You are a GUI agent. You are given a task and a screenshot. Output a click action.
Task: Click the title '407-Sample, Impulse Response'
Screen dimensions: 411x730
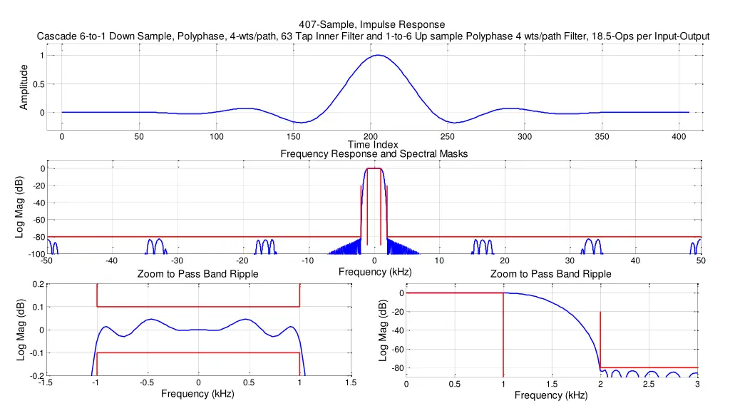click(x=373, y=25)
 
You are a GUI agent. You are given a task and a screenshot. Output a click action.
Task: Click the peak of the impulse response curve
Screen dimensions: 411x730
click(x=379, y=56)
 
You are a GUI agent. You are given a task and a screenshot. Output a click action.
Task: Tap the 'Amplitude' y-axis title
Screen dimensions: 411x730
click(x=24, y=86)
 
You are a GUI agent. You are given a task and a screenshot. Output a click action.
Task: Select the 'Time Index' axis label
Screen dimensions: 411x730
click(x=373, y=145)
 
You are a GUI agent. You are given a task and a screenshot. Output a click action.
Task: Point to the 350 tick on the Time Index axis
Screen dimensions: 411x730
click(x=601, y=136)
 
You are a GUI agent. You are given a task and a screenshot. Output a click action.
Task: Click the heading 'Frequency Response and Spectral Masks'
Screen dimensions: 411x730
click(x=374, y=153)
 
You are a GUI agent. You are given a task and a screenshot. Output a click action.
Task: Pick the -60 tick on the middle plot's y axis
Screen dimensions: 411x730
click(x=37, y=220)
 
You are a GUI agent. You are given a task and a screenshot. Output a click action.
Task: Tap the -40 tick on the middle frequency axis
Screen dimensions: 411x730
click(x=111, y=260)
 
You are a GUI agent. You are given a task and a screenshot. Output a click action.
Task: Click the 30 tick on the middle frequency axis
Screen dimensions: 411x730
click(x=570, y=260)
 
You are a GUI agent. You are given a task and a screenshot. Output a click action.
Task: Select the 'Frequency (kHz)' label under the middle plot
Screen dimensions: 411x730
click(x=375, y=271)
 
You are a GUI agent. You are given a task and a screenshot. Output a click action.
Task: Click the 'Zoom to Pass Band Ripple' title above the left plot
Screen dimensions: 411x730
click(x=197, y=274)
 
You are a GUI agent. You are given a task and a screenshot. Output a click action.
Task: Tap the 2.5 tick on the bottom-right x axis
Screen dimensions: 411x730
click(x=649, y=385)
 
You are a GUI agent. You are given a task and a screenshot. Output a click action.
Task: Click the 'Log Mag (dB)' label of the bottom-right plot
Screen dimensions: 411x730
click(x=383, y=330)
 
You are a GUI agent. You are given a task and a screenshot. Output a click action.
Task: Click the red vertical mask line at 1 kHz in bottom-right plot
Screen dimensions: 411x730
click(x=503, y=335)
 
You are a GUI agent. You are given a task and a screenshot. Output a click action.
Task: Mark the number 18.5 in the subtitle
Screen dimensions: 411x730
click(x=605, y=37)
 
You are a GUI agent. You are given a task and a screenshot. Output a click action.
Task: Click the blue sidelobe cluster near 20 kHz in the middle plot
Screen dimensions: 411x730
click(x=484, y=246)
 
